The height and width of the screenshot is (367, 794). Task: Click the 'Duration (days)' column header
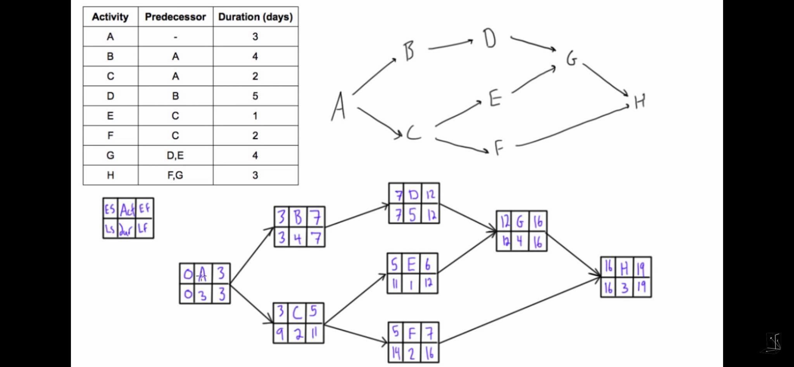(255, 17)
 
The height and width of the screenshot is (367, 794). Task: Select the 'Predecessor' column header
(175, 17)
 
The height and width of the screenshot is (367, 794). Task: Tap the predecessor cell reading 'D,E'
(175, 156)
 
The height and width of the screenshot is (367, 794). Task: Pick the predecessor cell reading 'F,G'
(175, 175)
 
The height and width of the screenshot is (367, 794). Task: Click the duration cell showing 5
(255, 96)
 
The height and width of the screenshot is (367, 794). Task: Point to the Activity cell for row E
(110, 116)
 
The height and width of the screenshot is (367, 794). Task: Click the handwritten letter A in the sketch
(338, 107)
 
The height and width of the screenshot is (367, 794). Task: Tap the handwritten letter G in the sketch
(571, 59)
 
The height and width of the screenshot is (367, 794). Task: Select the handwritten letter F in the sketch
(499, 147)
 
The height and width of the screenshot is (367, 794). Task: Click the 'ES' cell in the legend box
(110, 209)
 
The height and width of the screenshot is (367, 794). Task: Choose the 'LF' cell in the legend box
(143, 228)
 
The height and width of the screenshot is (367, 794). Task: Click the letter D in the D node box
(413, 194)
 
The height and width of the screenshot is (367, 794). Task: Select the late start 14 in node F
(396, 352)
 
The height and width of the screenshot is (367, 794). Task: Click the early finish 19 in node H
(641, 267)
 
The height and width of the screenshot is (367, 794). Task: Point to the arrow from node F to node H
(520, 310)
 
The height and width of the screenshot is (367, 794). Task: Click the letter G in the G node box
(520, 222)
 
